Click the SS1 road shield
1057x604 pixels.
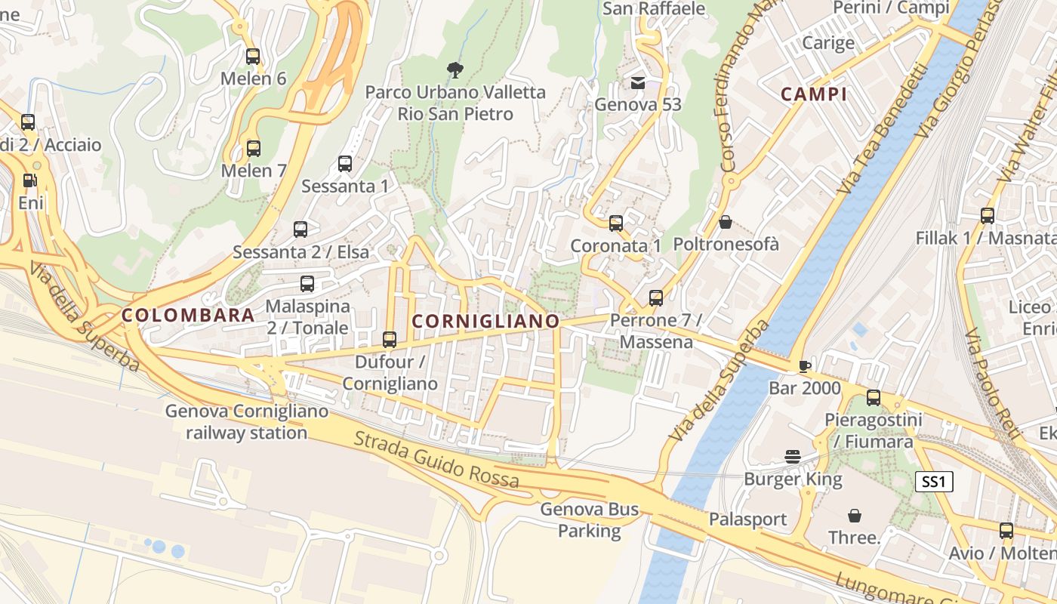pyautogui.click(x=934, y=482)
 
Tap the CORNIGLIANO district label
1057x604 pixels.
pyautogui.click(x=486, y=322)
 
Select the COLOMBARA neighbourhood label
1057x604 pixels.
pyautogui.click(x=188, y=316)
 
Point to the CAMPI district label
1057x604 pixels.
pyautogui.click(x=814, y=94)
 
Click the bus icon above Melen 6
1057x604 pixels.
pyautogui.click(x=253, y=57)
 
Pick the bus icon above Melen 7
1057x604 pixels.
pyautogui.click(x=254, y=149)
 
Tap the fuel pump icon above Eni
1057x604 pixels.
pyautogui.click(x=29, y=180)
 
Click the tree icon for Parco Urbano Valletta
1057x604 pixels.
pyautogui.click(x=455, y=70)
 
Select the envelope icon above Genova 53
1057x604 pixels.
pyautogui.click(x=638, y=82)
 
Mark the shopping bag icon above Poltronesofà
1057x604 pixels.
pyautogui.click(x=726, y=222)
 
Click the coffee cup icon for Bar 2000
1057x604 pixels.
pyautogui.click(x=805, y=366)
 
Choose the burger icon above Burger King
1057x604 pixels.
pyautogui.click(x=793, y=456)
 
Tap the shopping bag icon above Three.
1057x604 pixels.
pyautogui.click(x=855, y=516)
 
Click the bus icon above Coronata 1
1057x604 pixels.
pyautogui.click(x=616, y=223)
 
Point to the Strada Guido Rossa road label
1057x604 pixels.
pyautogui.click(x=436, y=459)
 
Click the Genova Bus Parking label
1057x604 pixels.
pyautogui.click(x=590, y=520)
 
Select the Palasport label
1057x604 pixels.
pyautogui.click(x=747, y=519)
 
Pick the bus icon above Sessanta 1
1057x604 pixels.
pyautogui.click(x=345, y=163)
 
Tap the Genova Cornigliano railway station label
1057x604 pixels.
pyautogui.click(x=247, y=422)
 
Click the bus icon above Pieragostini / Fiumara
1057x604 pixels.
pyautogui.click(x=874, y=398)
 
